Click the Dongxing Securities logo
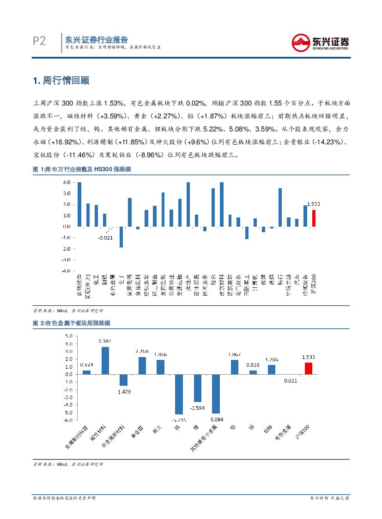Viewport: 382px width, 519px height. (320, 43)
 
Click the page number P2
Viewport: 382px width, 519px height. (39, 42)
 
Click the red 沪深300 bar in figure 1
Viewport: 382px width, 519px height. (314, 218)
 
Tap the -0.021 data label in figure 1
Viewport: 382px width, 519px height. (105, 237)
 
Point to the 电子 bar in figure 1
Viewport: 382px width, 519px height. (121, 237)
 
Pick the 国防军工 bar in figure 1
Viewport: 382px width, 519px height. (247, 233)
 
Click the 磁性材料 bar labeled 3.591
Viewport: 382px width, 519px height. (105, 360)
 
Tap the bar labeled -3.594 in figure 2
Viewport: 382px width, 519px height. (197, 388)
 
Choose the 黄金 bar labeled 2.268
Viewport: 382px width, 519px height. (142, 365)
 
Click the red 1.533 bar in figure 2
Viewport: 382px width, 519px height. (308, 368)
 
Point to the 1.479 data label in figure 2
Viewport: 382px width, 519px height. (124, 392)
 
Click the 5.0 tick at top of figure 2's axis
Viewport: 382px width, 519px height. (68, 336)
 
